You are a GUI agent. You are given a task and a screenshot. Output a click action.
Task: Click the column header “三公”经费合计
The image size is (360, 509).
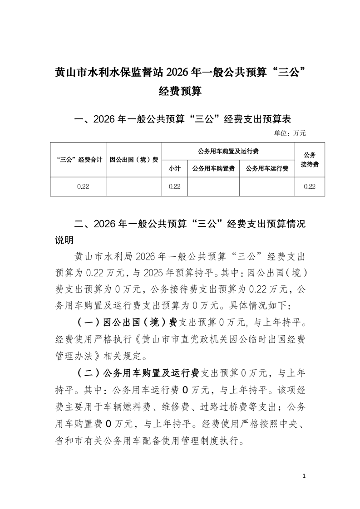[78, 160]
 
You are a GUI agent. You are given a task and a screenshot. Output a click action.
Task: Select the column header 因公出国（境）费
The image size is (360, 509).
[134, 160]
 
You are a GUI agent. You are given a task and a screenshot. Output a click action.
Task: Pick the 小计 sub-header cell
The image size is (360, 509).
[175, 168]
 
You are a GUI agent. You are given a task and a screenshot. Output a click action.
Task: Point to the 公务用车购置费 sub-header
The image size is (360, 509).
[213, 168]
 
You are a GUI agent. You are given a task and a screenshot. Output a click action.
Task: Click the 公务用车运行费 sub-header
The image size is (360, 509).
[267, 168]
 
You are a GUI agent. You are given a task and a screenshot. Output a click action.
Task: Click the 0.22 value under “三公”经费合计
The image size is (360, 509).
[78, 186]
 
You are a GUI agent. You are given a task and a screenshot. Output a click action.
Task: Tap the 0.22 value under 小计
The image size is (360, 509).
[175, 186]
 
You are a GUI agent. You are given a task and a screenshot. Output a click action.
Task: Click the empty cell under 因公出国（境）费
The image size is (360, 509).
[134, 186]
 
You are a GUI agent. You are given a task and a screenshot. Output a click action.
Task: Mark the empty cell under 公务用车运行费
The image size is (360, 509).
[267, 186]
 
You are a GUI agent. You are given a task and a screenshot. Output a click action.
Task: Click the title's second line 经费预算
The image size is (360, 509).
[180, 92]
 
